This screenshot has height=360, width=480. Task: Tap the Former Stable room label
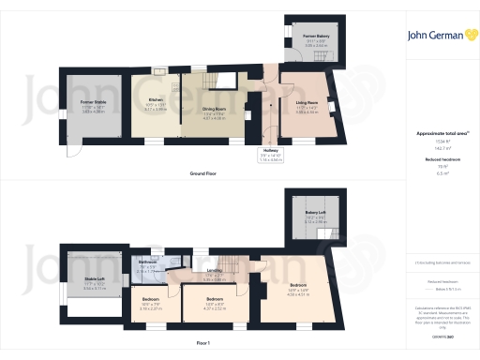92,100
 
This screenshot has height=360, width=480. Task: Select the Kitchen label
157,99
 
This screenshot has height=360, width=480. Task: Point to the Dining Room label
215,110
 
